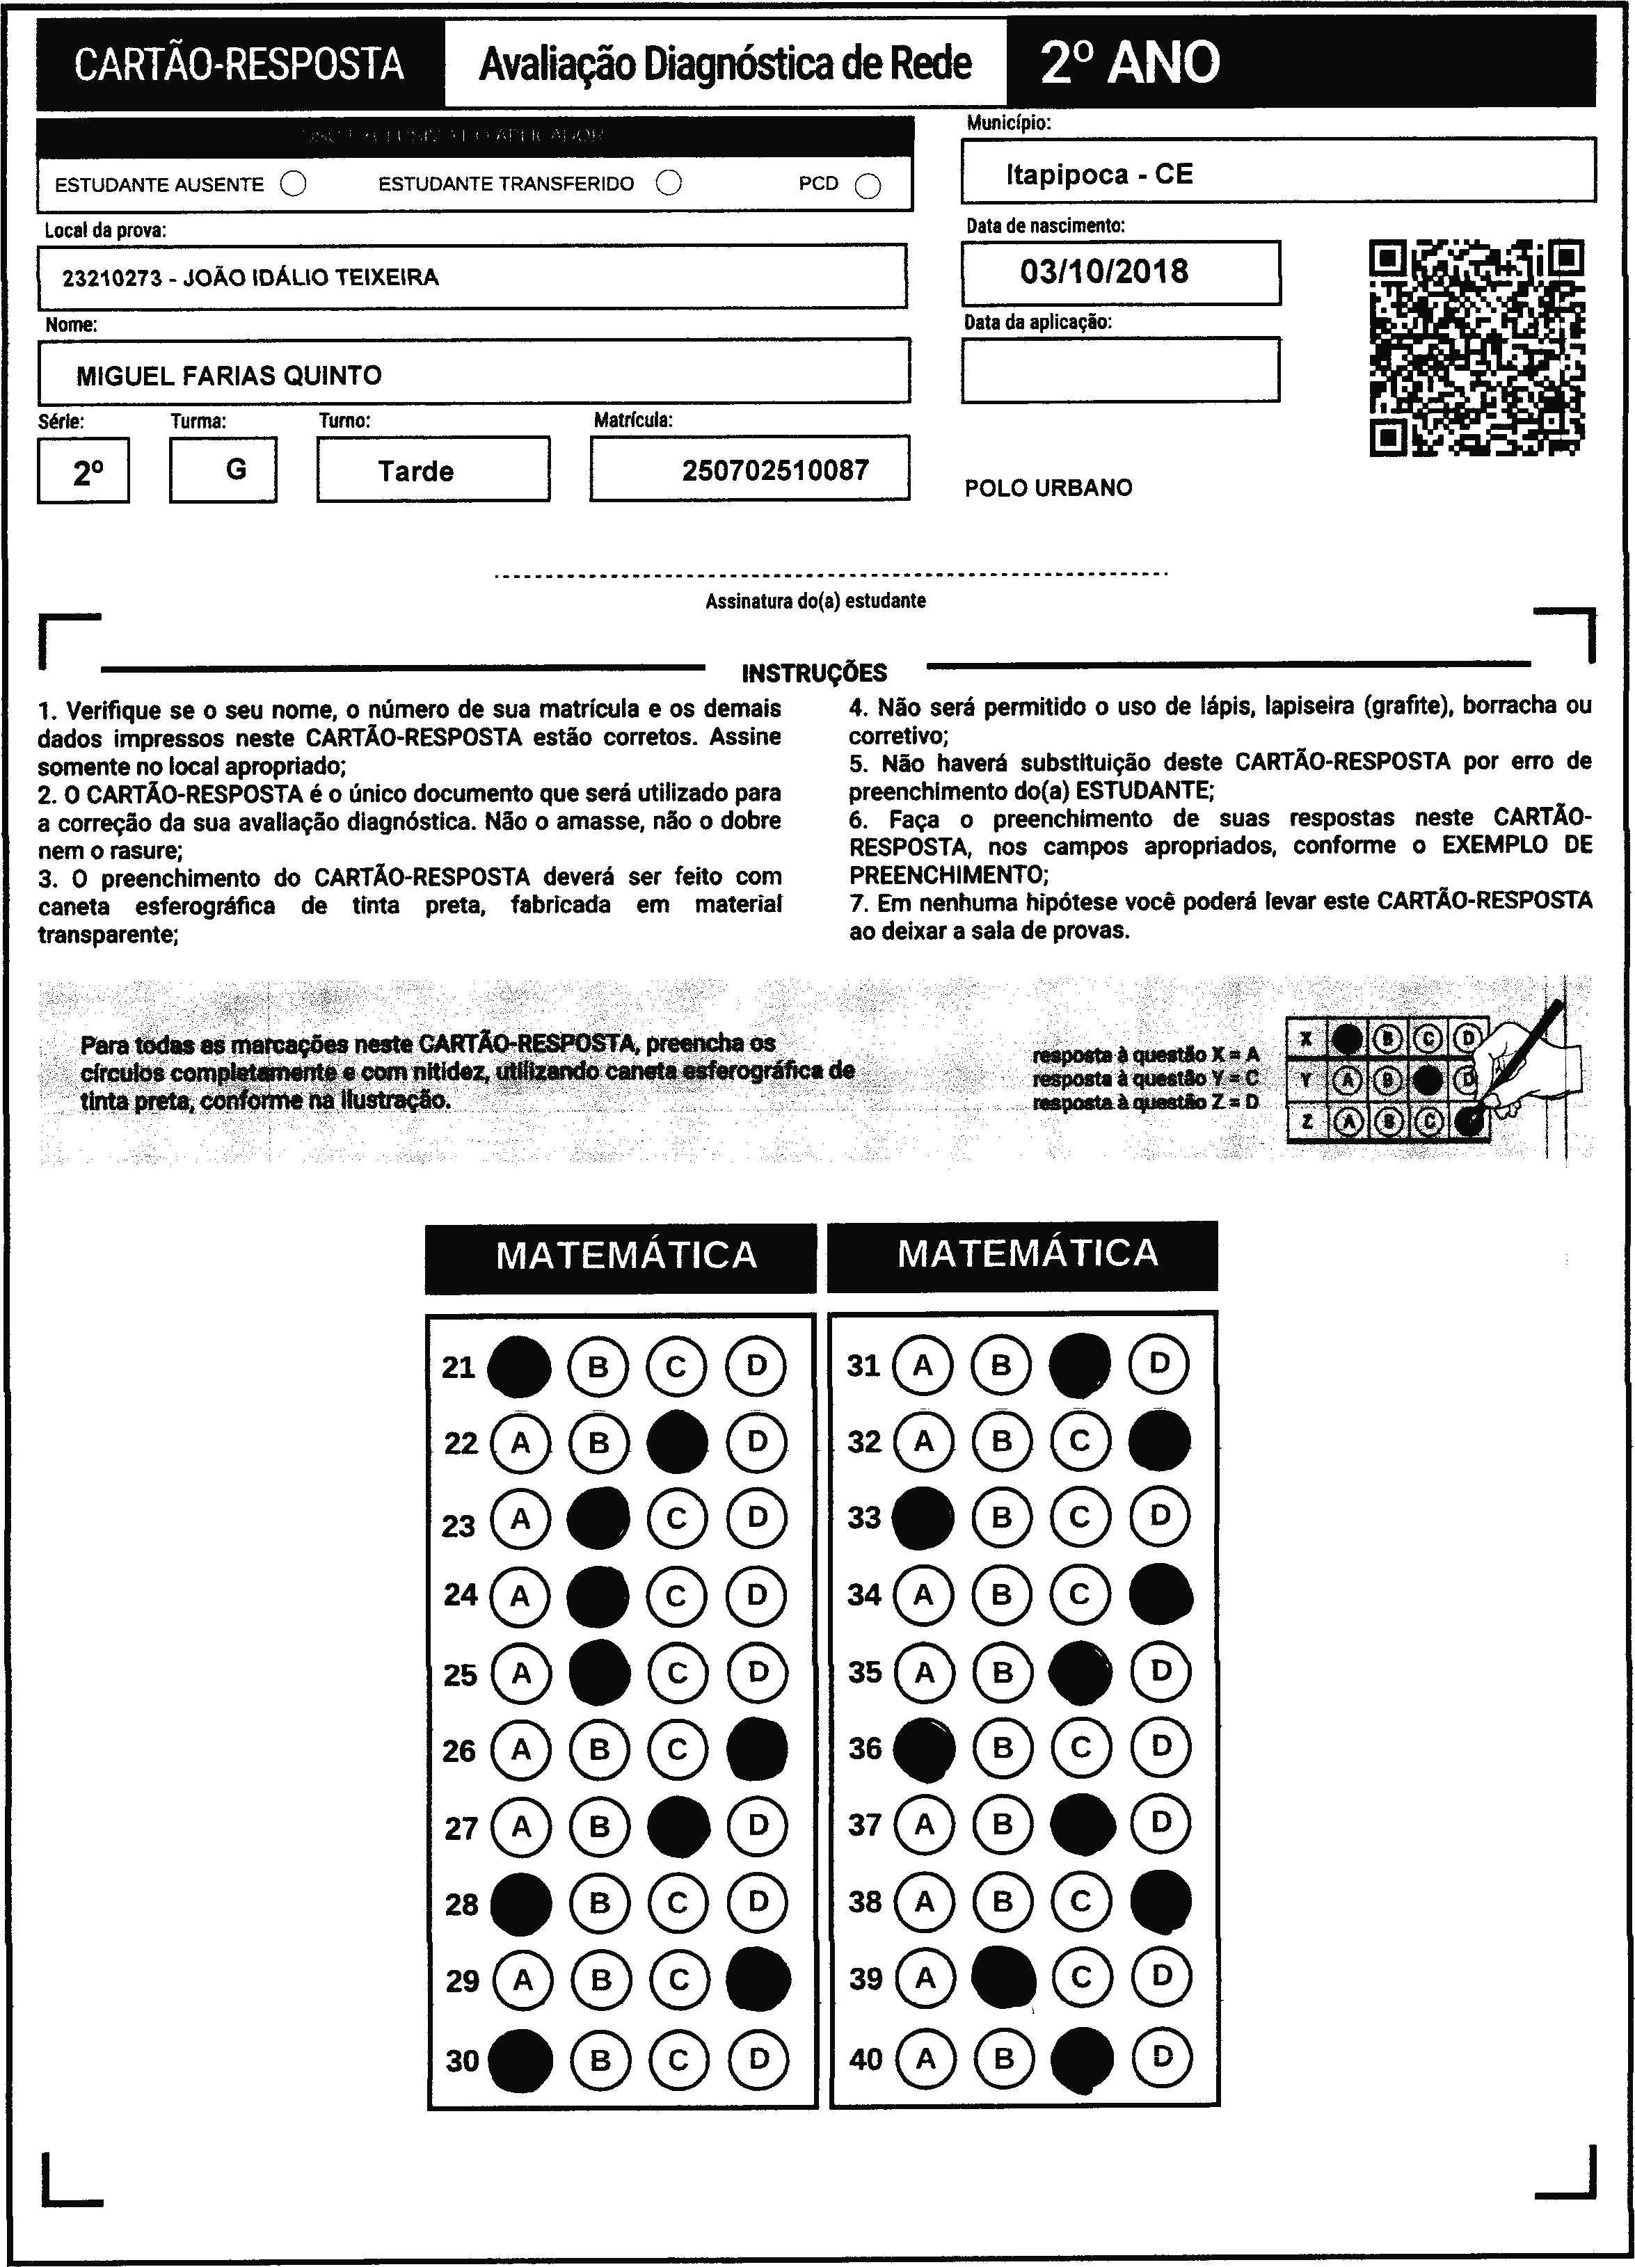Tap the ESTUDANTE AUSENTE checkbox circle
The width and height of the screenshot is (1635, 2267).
[x=293, y=184]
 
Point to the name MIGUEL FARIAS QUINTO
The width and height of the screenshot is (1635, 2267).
[x=229, y=376]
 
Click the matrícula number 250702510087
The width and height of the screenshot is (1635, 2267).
[x=775, y=470]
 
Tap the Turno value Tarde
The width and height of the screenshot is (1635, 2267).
[x=416, y=471]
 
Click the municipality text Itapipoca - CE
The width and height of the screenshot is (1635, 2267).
[x=1099, y=175]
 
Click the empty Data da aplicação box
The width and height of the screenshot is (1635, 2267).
[x=1120, y=370]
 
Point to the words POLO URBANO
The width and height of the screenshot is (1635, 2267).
[x=1048, y=488]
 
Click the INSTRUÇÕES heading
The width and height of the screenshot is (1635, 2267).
[x=814, y=673]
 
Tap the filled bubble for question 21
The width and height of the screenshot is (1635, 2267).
[x=519, y=1366]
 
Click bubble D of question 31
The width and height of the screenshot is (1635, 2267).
[x=1159, y=1363]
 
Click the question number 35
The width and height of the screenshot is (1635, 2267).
[x=865, y=1672]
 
